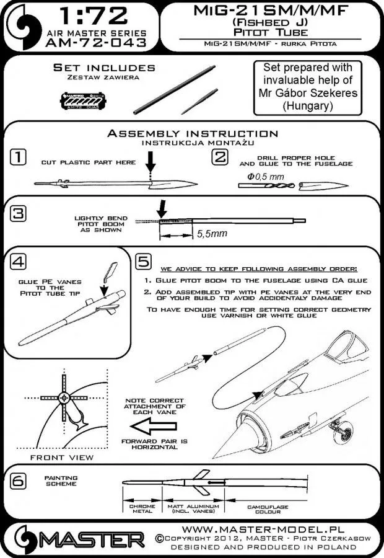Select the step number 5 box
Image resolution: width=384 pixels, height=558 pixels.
141,262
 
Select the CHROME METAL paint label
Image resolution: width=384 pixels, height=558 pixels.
143,510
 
